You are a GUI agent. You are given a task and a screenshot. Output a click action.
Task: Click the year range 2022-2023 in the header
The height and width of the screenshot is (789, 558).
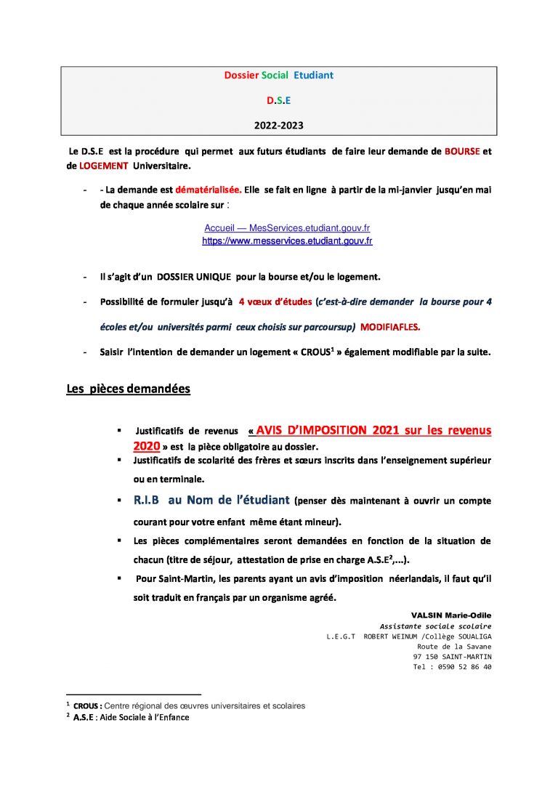click(279, 125)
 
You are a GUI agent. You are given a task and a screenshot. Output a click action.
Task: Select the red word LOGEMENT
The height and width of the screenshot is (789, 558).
click(104, 166)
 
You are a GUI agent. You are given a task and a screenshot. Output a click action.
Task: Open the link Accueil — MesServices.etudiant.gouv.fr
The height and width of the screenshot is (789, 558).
click(287, 228)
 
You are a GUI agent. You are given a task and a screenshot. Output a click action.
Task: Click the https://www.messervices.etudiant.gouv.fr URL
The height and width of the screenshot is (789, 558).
click(287, 240)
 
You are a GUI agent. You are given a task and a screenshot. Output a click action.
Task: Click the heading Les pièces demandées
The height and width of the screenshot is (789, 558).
click(128, 389)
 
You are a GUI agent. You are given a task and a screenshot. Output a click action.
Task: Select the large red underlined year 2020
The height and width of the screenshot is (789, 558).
click(146, 445)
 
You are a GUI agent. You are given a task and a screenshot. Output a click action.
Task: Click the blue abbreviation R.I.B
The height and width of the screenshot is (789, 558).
click(146, 501)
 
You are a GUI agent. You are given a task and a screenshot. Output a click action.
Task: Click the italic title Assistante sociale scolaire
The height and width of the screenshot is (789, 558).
click(435, 626)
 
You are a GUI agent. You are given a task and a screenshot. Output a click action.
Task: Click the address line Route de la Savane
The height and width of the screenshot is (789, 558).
click(454, 647)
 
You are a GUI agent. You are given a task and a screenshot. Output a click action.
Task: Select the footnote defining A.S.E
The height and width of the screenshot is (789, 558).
click(131, 718)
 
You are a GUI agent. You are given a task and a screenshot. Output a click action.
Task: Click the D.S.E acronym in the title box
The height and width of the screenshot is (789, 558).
click(278, 100)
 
